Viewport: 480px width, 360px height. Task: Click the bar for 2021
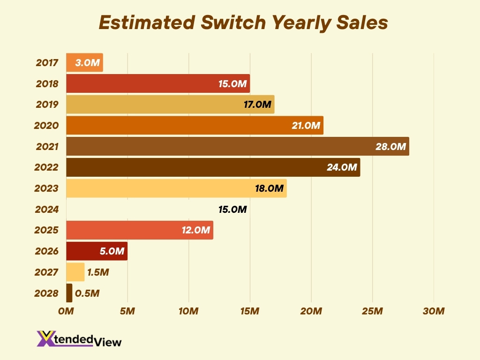click(237, 146)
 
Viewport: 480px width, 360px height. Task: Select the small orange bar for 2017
click(84, 62)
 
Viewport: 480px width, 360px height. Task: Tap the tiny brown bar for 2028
click(69, 293)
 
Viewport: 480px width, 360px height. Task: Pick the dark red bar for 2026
click(97, 251)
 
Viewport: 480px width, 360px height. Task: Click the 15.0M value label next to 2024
click(232, 210)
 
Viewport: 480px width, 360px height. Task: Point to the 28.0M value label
click(390, 147)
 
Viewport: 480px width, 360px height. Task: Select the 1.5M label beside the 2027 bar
click(98, 272)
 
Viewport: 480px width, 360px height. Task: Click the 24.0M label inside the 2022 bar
click(342, 167)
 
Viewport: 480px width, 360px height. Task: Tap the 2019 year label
click(47, 105)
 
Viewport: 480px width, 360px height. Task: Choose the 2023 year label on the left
click(46, 188)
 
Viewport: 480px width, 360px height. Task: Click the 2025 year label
click(46, 230)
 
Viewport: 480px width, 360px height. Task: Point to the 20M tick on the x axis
click(311, 311)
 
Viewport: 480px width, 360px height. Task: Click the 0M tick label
click(66, 311)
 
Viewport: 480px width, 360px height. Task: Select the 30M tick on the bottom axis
click(434, 311)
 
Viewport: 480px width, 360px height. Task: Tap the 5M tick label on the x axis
click(127, 311)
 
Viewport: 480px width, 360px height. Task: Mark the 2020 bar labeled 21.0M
click(195, 125)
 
